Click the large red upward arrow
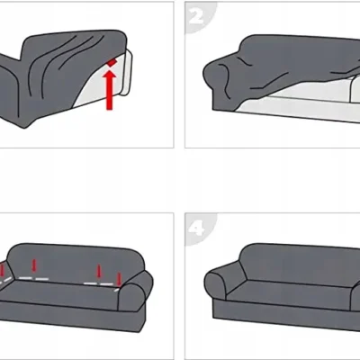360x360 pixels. pyautogui.click(x=110, y=90)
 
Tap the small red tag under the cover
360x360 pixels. pyautogui.click(x=112, y=62)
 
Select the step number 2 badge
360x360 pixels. pyautogui.click(x=197, y=17)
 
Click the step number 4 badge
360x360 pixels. pyautogui.click(x=197, y=229)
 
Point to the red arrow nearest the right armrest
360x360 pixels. pyautogui.click(x=119, y=279)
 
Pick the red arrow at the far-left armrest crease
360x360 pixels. pyautogui.click(x=2, y=270)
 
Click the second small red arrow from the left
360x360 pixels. pyautogui.click(x=34, y=265)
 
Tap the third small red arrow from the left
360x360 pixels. pyautogui.click(x=98, y=271)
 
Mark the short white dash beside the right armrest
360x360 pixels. pyautogui.click(x=116, y=290)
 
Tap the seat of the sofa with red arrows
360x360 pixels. pyautogui.click(x=60, y=292)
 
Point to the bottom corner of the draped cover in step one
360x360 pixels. pyautogui.click(x=25, y=128)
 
